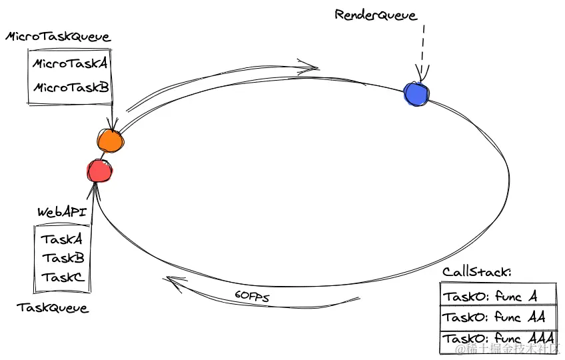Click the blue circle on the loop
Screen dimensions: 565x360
pyautogui.click(x=416, y=94)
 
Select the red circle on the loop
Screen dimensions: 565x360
pyautogui.click(x=100, y=171)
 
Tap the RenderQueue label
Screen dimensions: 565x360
pyautogui.click(x=376, y=15)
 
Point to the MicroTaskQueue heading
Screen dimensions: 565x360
pyautogui.click(x=58, y=37)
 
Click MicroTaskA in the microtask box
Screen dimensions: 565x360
pyautogui.click(x=70, y=63)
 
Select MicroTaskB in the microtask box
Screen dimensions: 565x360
pyautogui.click(x=71, y=87)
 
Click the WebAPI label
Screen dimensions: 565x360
pyautogui.click(x=63, y=212)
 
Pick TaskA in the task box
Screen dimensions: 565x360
pyautogui.click(x=61, y=239)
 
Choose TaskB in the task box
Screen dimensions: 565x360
pyautogui.click(x=63, y=258)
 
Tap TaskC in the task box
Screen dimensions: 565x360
pyautogui.click(x=63, y=277)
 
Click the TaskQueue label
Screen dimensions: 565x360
pyautogui.click(x=53, y=308)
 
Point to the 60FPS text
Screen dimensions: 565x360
pyautogui.click(x=252, y=296)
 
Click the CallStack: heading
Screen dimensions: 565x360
pyautogui.click(x=477, y=271)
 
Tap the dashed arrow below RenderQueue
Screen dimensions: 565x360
pyautogui.click(x=422, y=53)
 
